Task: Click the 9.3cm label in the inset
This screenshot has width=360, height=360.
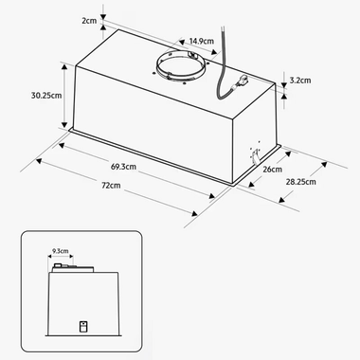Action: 62,252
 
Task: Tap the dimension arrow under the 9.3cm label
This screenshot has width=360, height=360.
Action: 61,259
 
